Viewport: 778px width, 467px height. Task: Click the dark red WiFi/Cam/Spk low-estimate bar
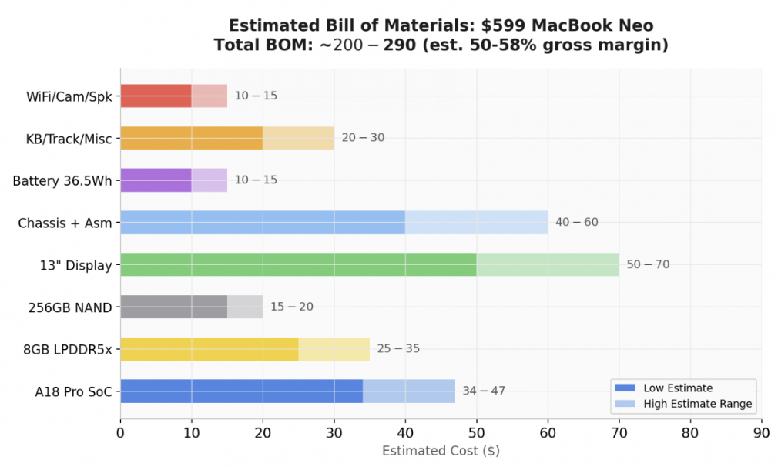(156, 96)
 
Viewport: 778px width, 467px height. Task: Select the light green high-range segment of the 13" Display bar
(548, 264)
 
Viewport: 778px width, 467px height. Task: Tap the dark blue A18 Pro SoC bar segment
(241, 391)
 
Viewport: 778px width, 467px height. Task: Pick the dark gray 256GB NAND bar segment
(173, 307)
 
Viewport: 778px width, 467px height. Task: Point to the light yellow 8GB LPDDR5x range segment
(334, 349)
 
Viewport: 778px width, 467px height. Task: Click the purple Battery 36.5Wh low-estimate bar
(156, 180)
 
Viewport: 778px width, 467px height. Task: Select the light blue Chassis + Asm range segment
(476, 223)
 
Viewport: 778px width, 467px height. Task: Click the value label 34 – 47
(484, 391)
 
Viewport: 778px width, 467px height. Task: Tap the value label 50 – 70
(648, 264)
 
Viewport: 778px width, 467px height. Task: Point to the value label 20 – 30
(363, 138)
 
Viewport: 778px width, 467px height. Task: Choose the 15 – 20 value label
(291, 307)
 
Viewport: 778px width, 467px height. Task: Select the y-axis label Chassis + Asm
(65, 223)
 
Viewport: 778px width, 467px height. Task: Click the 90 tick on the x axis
(761, 433)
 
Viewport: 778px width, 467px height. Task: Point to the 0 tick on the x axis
(120, 433)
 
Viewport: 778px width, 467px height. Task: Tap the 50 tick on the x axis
(477, 433)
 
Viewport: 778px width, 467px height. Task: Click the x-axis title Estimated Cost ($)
(441, 451)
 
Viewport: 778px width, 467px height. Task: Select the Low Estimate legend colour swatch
(625, 388)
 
